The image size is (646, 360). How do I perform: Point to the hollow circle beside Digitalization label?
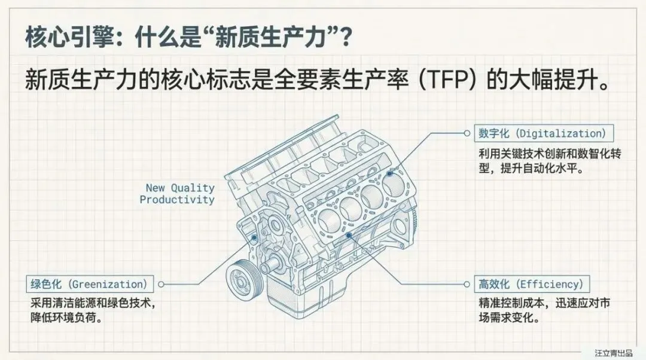[467, 133]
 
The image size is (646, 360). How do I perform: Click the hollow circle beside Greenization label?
[161, 284]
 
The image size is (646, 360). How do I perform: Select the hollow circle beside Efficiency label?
[467, 284]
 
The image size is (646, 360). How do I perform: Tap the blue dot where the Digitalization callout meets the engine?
[390, 173]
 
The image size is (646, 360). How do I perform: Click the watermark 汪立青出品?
[613, 353]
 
